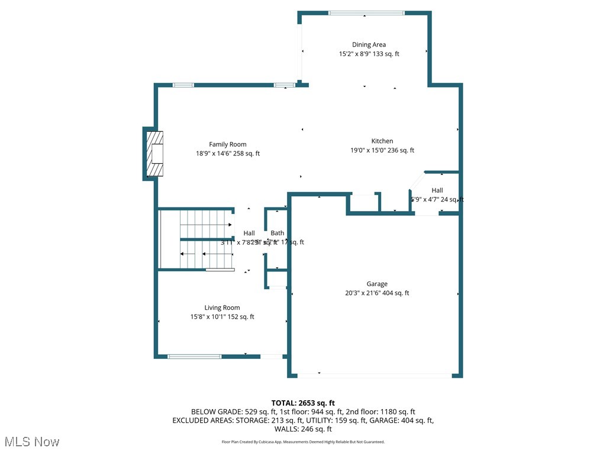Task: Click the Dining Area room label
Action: point(369,44)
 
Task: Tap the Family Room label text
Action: point(227,144)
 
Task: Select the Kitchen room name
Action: point(382,141)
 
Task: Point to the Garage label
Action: point(377,284)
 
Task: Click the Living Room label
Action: point(222,307)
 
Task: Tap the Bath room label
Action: point(277,233)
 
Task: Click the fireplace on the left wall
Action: point(155,154)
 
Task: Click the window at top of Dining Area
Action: point(366,13)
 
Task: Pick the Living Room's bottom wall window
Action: point(194,356)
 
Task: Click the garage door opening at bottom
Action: point(374,375)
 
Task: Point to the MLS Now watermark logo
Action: point(32,442)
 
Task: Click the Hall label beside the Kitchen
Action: point(437,190)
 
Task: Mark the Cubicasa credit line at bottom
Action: point(303,442)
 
